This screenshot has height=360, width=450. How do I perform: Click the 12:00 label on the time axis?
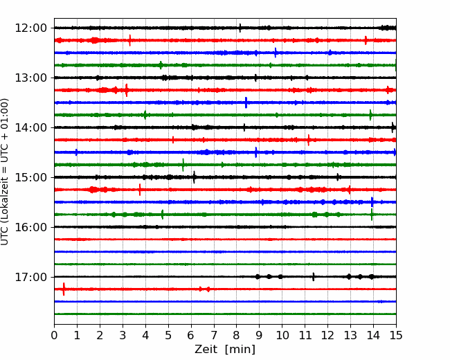30,28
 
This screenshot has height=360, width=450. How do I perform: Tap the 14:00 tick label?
30,127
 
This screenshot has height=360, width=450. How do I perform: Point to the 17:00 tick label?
30,277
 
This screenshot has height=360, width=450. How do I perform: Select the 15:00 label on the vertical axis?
30,177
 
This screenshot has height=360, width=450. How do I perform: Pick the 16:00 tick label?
30,227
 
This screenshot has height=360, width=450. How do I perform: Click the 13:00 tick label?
30,78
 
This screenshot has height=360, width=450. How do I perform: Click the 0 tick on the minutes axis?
54,335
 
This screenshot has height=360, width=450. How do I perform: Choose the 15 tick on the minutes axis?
396,335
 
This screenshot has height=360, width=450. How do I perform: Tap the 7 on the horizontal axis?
214,335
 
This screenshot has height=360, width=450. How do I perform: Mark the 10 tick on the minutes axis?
282,335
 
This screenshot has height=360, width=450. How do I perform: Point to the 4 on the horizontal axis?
145,335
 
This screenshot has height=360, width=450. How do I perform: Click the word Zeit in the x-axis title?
206,350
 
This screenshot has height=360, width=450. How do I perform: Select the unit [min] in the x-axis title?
240,350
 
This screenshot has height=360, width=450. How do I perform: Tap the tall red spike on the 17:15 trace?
64,289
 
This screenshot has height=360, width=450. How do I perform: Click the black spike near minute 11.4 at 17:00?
314,277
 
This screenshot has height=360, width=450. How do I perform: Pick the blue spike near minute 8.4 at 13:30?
246,102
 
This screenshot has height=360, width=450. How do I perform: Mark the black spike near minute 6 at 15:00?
195,177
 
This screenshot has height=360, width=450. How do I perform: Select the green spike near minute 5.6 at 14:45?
183,165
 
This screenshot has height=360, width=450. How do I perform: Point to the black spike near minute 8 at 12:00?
240,28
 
